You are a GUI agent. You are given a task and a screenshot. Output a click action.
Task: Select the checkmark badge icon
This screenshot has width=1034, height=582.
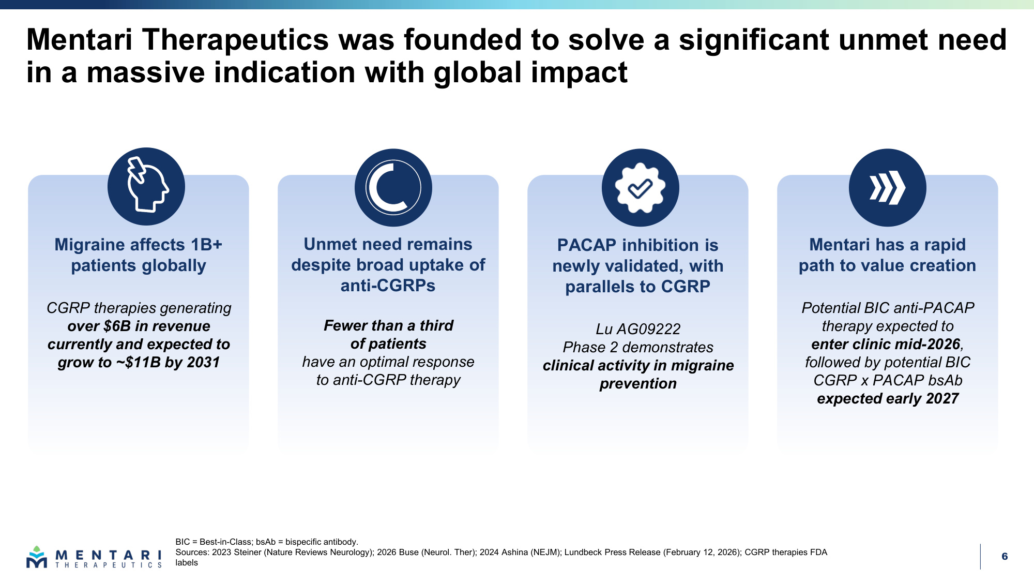coord(640,187)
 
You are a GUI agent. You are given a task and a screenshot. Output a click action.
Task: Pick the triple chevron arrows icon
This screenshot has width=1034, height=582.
coord(887,187)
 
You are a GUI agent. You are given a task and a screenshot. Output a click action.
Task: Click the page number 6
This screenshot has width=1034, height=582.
coord(1005,556)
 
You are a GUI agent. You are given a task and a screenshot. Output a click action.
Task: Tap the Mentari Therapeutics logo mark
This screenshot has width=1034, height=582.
coord(37,557)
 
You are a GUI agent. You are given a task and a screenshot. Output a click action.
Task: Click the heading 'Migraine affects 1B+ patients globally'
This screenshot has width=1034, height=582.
coord(139,255)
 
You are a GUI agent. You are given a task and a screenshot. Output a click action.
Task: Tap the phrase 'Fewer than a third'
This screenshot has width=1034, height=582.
coord(388,325)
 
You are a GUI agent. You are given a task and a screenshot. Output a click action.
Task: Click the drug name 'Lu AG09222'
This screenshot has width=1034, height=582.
coord(638,329)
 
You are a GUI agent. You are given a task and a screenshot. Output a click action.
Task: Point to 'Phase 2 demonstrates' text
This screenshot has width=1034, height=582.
coord(638,347)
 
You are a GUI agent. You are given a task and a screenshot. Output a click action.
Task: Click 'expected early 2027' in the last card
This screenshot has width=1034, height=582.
coord(888,398)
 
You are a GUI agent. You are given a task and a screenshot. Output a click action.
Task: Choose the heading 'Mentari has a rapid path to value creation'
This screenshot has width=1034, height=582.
coord(887,255)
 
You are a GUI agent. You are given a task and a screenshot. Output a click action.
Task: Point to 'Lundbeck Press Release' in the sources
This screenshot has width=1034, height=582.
coord(612,552)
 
